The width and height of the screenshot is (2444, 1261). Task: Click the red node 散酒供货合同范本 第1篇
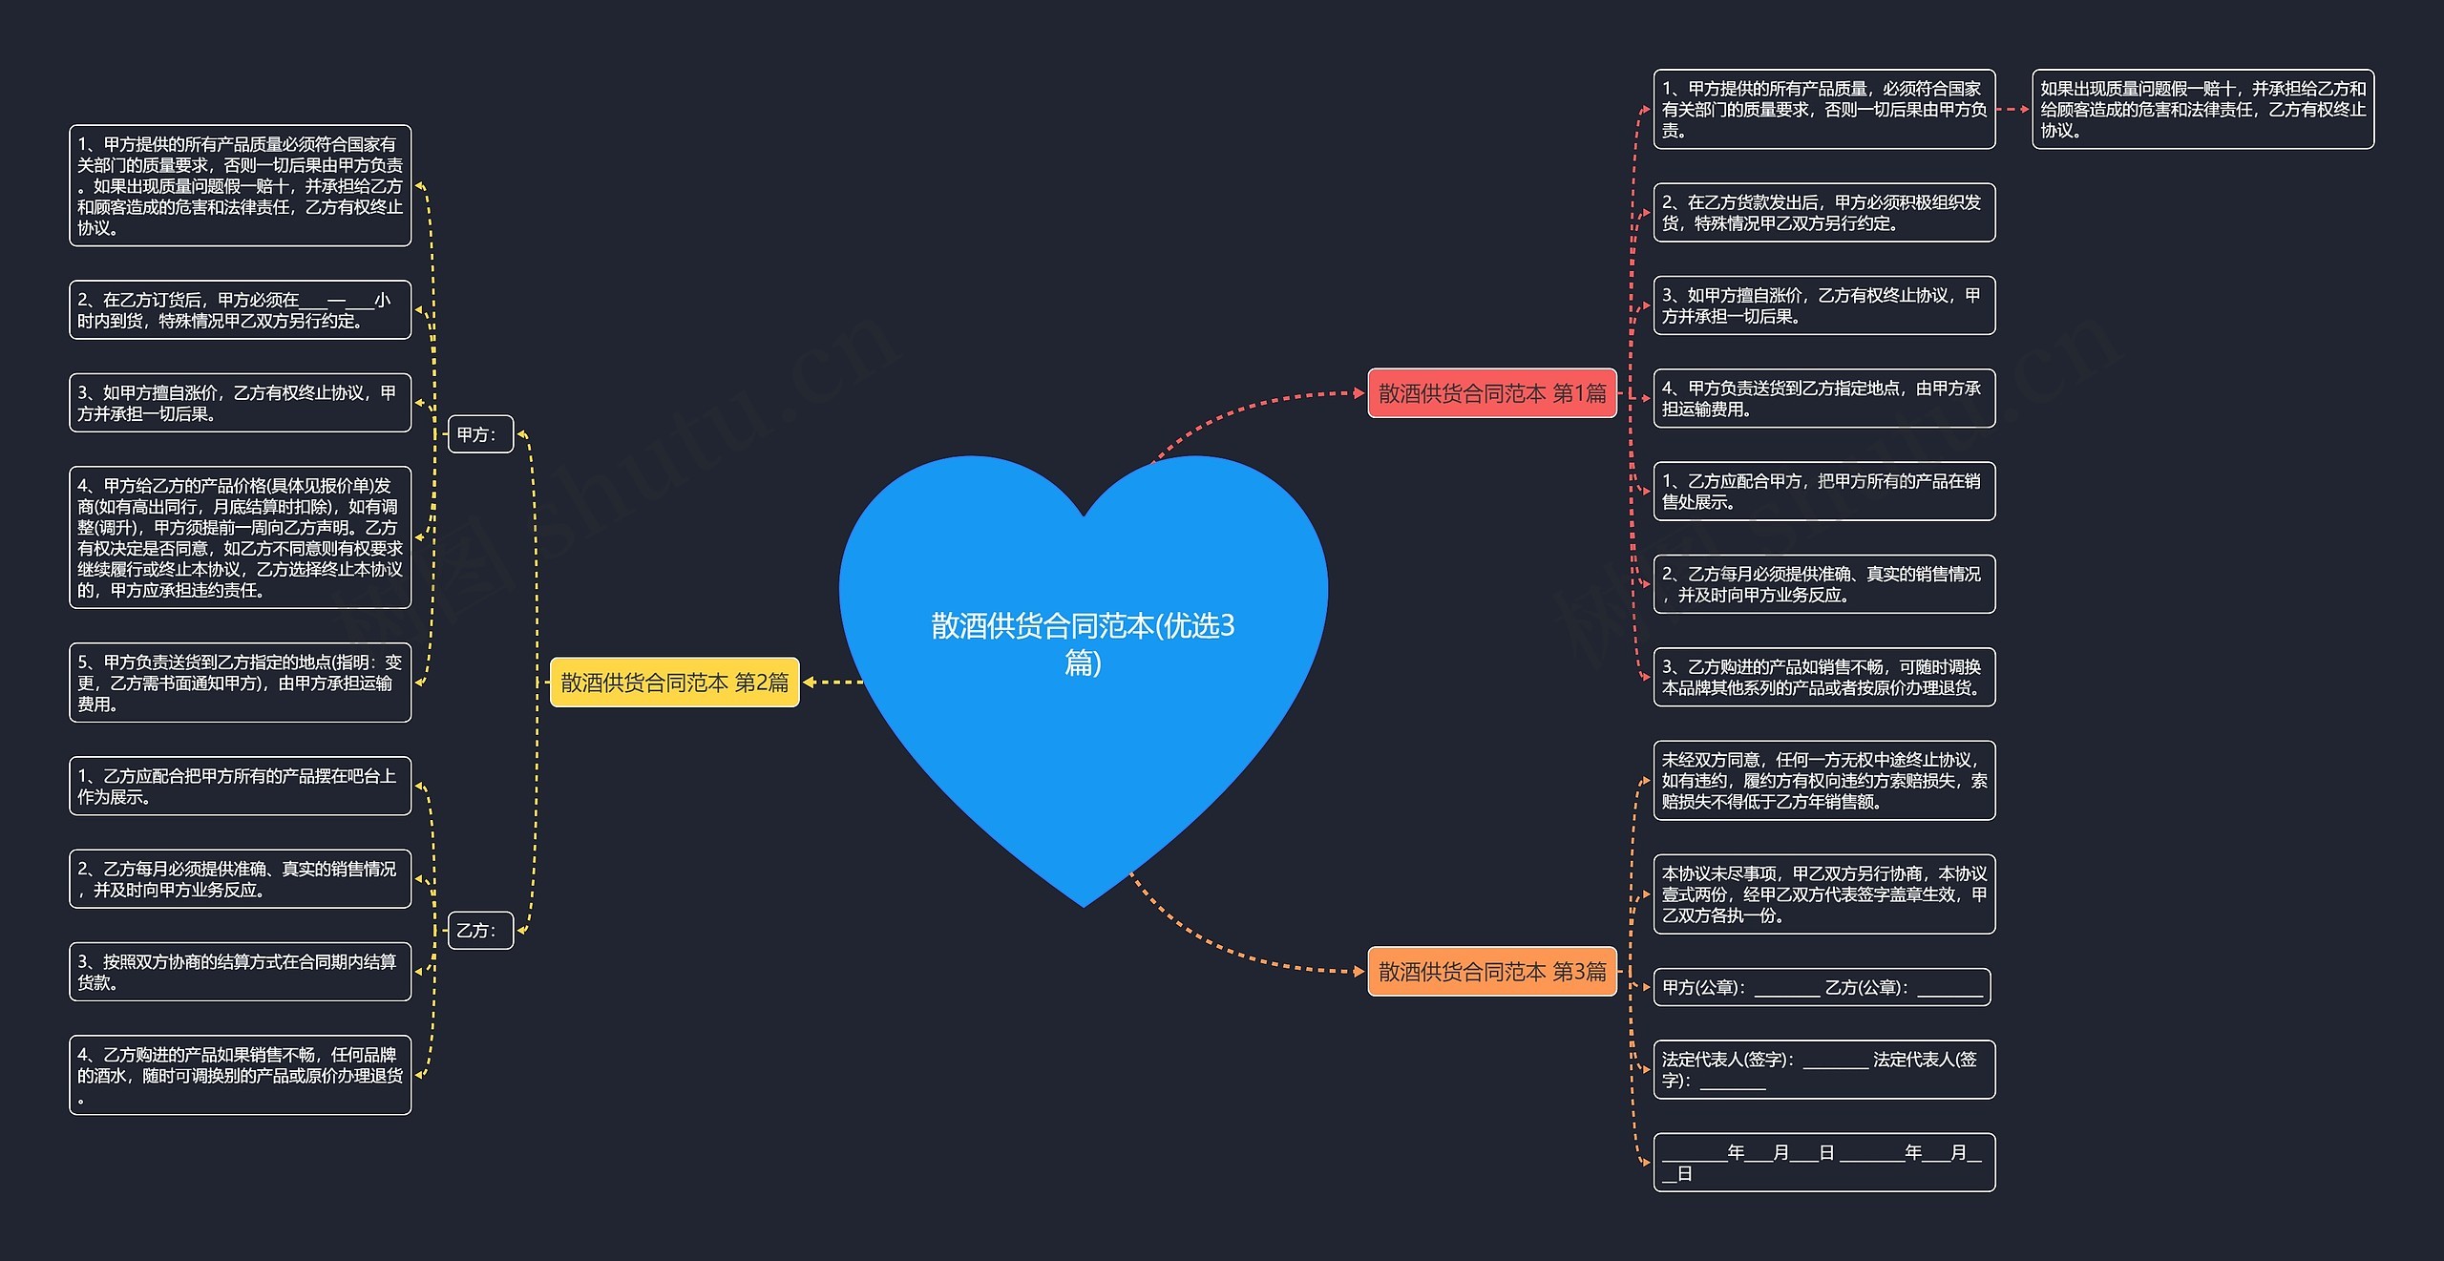[x=1491, y=393]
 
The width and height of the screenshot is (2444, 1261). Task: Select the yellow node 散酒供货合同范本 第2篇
[x=674, y=683]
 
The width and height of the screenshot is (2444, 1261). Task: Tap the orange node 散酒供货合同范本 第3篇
[x=1491, y=972]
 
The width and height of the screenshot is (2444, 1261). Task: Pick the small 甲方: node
[x=480, y=434]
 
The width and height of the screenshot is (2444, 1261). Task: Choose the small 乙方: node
[x=480, y=931]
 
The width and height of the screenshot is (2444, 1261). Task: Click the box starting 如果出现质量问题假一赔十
[x=2202, y=110]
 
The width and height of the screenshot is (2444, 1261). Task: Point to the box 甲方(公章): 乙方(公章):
[x=1822, y=988]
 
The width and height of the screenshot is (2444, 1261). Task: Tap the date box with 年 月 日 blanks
[x=1823, y=1163]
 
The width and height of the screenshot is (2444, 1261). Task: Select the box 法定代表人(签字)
[x=1823, y=1070]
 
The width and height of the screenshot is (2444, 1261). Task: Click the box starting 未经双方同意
[x=1823, y=781]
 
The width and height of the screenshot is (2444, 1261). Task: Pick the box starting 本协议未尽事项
[x=1823, y=894]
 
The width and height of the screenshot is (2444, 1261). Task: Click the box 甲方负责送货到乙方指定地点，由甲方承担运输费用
[x=1823, y=399]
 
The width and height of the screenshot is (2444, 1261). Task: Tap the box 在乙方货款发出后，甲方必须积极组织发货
[x=1823, y=213]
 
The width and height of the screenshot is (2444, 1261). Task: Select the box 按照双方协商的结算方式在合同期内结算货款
[x=240, y=972]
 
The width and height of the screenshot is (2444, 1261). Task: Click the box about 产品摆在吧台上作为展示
[x=240, y=787]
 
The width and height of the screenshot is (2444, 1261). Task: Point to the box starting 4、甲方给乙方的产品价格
[x=240, y=537]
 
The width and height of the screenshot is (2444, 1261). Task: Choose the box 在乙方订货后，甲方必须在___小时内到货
[x=240, y=310]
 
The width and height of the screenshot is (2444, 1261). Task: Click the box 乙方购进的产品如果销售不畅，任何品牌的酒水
[x=240, y=1075]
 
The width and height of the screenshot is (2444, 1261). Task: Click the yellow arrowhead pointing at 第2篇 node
[x=810, y=683]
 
